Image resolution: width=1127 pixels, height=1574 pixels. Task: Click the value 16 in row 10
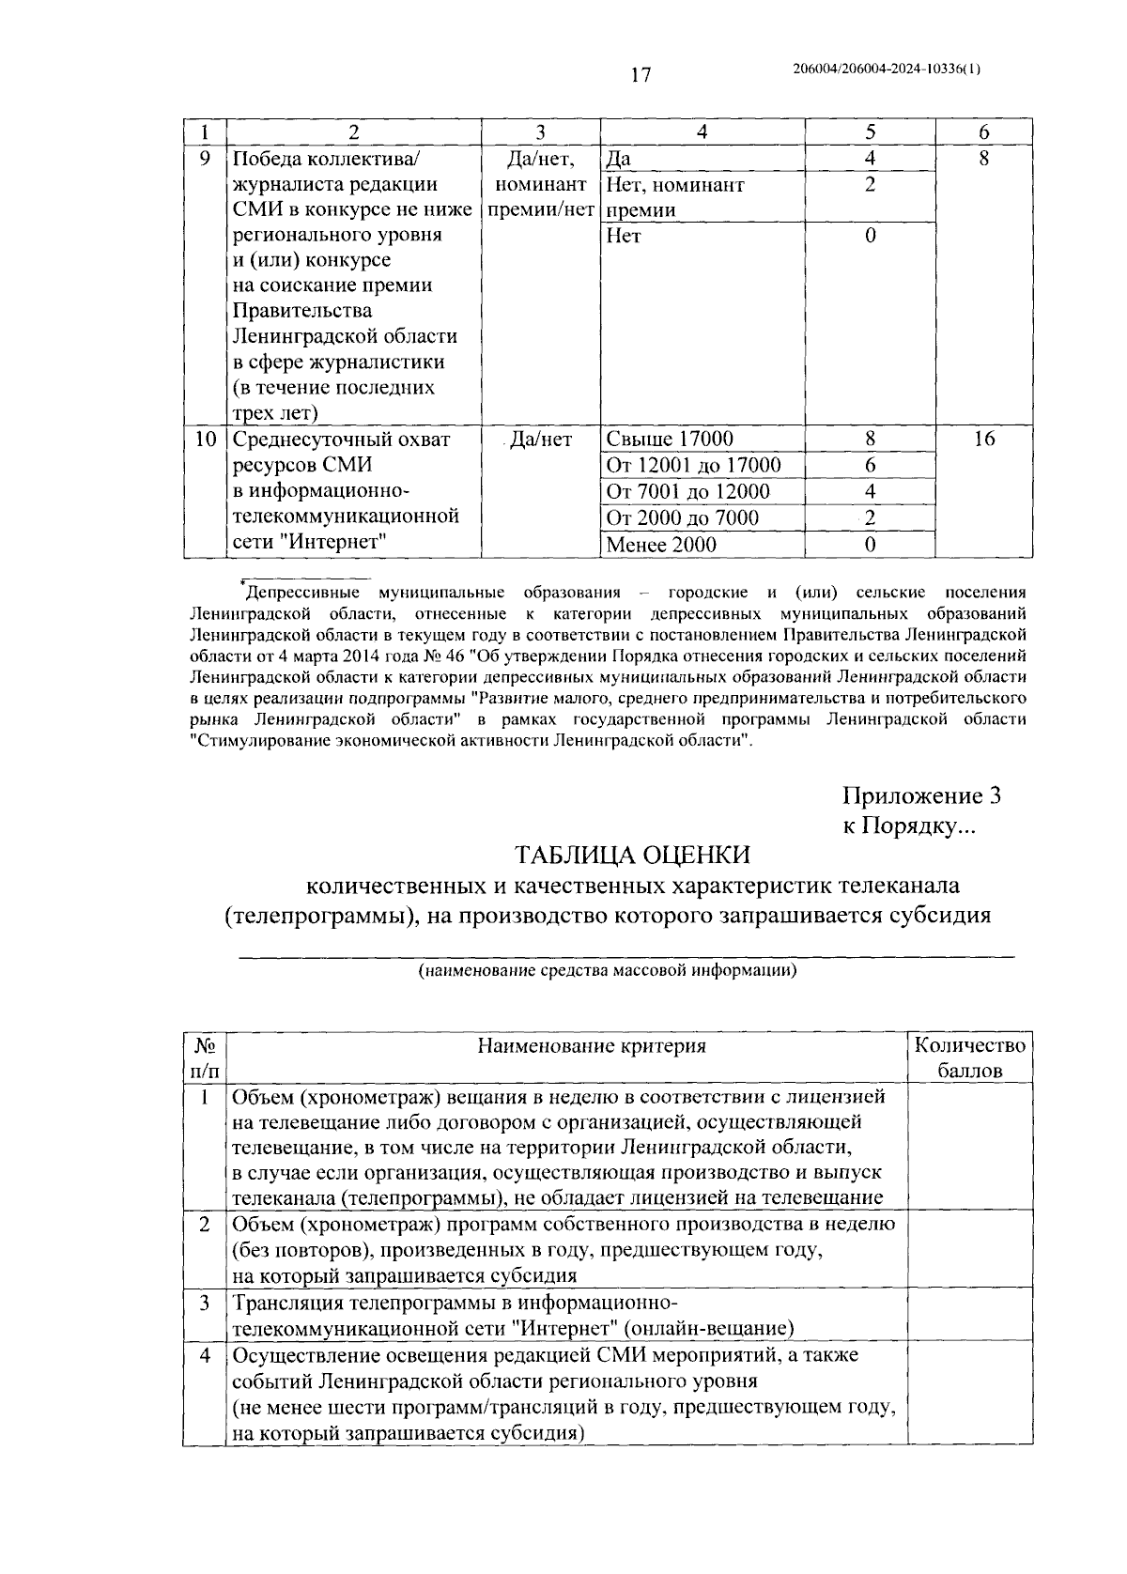983,439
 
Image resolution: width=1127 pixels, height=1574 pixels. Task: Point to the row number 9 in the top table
205,159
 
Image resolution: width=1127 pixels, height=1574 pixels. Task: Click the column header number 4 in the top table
702,132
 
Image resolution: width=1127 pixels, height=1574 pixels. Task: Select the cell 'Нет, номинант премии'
676,197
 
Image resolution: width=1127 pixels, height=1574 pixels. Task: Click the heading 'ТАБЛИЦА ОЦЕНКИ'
631,855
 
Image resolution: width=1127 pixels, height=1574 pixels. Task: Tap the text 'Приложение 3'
920,795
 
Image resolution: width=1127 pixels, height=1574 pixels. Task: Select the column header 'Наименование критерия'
592,1045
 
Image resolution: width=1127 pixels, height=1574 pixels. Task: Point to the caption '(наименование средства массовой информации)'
608,971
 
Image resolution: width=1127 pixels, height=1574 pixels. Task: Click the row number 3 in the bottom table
205,1303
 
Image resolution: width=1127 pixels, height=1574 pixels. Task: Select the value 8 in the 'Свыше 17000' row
870,439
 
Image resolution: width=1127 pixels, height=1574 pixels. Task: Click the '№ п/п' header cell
205,1057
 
